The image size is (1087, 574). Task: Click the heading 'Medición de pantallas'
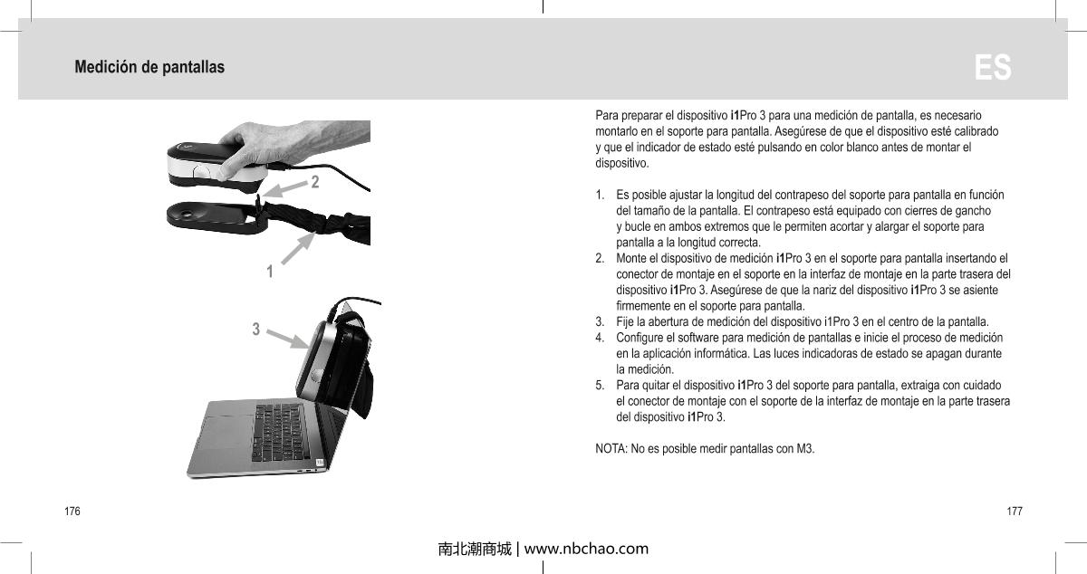click(x=149, y=68)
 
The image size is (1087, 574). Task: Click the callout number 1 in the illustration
click(x=270, y=270)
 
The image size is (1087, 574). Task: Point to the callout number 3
click(x=256, y=329)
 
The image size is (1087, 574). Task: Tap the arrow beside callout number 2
click(x=284, y=188)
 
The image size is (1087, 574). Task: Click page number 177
click(x=1015, y=512)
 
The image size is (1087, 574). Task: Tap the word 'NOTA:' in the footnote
click(x=611, y=450)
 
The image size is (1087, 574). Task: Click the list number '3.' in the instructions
click(x=601, y=321)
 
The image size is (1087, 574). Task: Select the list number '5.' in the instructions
click(x=601, y=385)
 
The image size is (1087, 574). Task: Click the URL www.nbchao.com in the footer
click(x=586, y=549)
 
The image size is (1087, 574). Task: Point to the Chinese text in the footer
click(x=474, y=549)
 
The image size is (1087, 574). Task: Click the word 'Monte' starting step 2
click(x=631, y=259)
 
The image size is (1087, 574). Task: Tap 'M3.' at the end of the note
click(x=805, y=450)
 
